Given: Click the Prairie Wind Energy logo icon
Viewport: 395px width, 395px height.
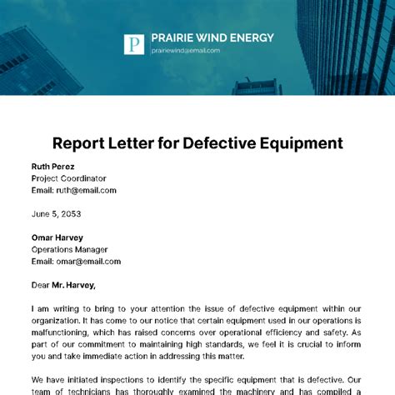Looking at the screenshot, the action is click(134, 44).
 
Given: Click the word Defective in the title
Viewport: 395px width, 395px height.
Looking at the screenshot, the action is click(217, 142).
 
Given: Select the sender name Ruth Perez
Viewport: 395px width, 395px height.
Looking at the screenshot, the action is click(52, 165).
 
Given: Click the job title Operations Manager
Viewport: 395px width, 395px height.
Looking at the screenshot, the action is click(69, 249).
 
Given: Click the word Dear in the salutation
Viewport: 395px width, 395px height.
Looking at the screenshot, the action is click(40, 285).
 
